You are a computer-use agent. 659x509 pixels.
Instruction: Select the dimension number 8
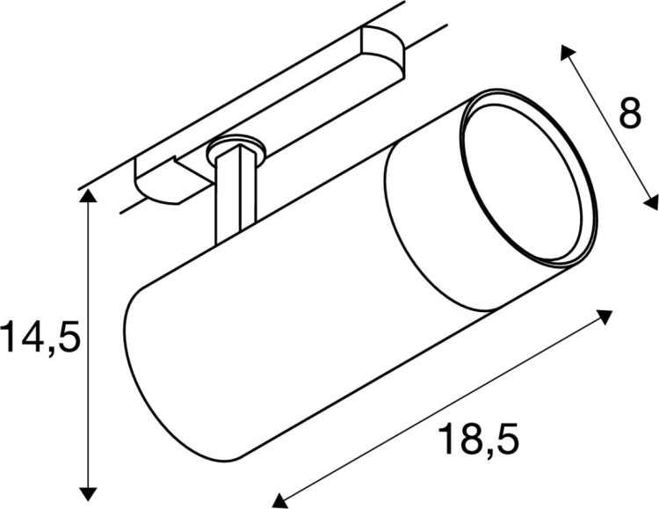tap(629, 113)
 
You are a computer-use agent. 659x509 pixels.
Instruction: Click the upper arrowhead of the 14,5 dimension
tap(86, 196)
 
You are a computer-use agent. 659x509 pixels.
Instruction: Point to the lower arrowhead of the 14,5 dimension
tap(86, 491)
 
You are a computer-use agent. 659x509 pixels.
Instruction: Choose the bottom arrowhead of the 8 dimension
tap(651, 202)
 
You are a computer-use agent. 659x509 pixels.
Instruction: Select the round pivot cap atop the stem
tap(234, 147)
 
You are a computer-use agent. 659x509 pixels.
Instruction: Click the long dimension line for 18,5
tap(439, 410)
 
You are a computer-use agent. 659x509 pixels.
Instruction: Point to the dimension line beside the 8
tap(608, 128)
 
